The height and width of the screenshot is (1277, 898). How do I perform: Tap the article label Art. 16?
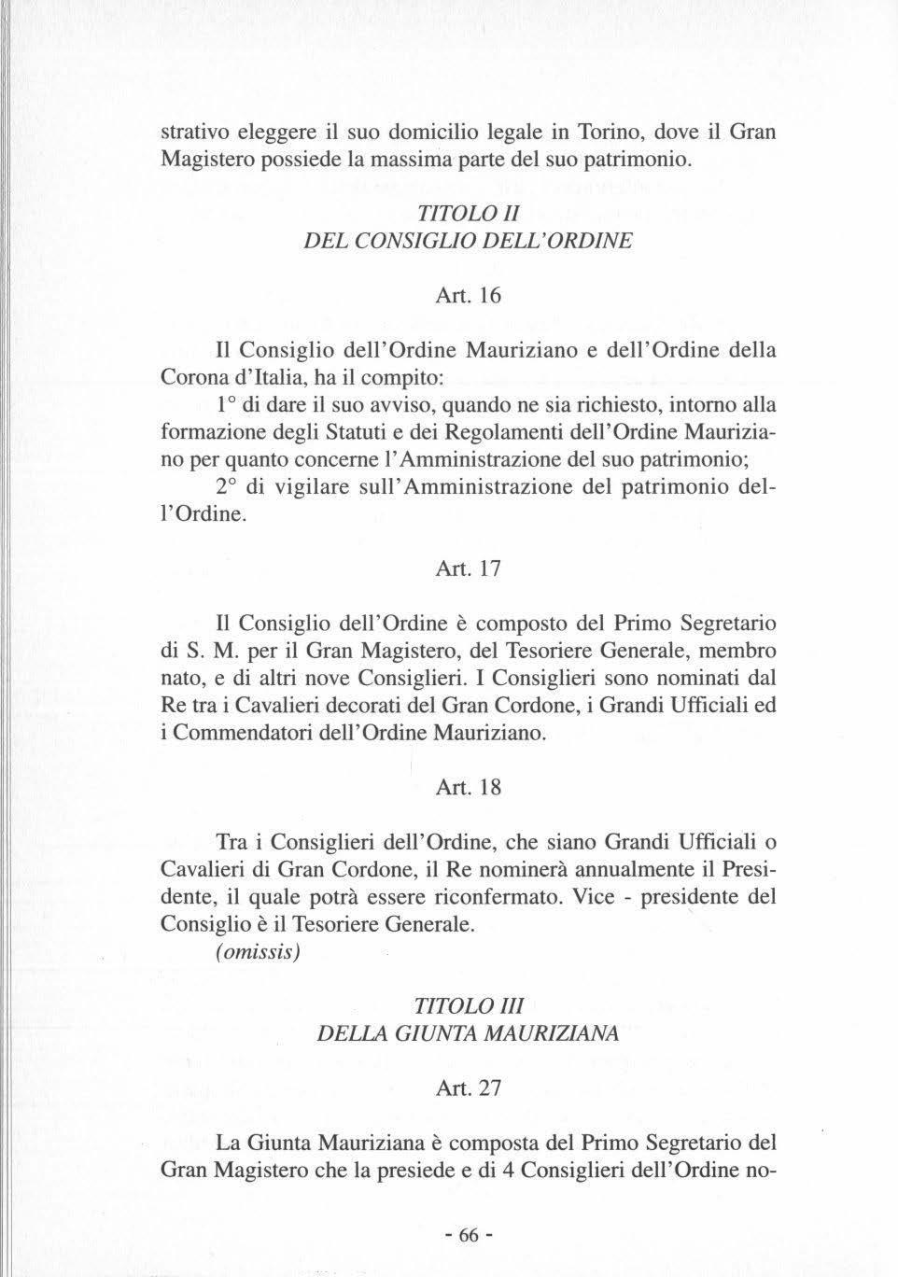[469, 296]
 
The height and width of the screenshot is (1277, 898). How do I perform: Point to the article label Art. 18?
[469, 787]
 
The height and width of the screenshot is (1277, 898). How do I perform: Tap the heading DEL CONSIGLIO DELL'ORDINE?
[469, 239]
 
